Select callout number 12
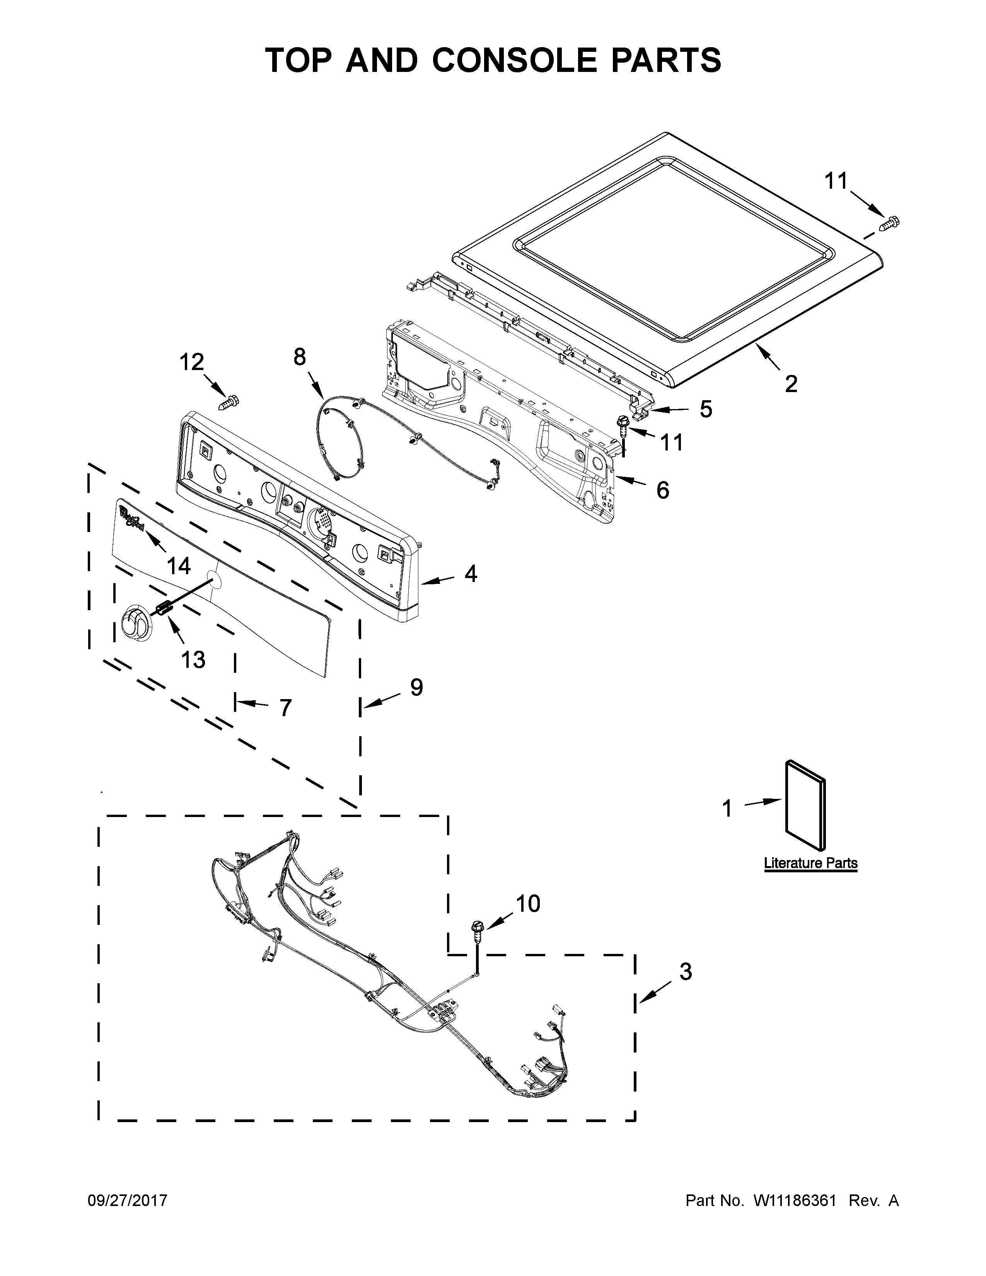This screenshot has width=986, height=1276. tap(191, 362)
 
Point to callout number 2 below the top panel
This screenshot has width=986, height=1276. tap(791, 384)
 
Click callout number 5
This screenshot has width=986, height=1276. tap(706, 409)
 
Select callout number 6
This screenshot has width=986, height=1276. tap(662, 490)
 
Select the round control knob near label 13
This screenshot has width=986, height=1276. tap(135, 624)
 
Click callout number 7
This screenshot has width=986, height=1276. tap(285, 708)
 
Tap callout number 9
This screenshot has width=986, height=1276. tap(416, 687)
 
